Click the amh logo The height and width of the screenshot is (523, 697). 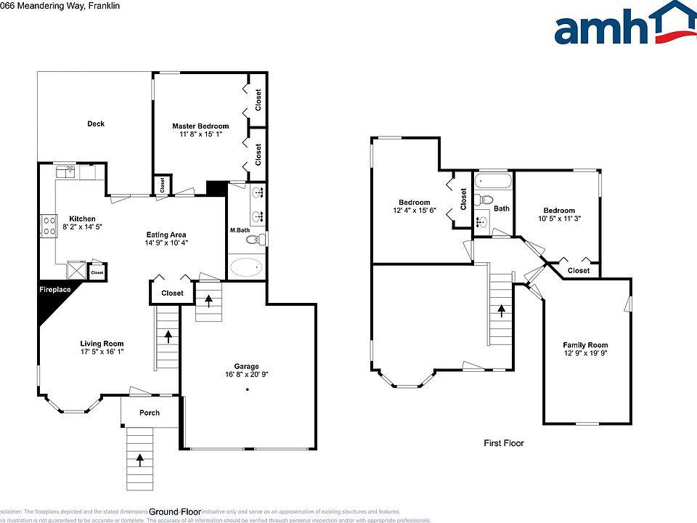(624, 25)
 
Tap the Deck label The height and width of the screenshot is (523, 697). (96, 123)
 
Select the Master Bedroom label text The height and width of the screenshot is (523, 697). (200, 126)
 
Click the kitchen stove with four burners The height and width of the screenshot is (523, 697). (49, 226)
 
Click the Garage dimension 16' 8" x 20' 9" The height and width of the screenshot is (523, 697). (248, 376)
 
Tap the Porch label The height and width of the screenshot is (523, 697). (149, 413)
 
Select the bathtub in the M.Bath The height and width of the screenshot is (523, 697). (246, 268)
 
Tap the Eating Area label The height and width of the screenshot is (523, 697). (167, 235)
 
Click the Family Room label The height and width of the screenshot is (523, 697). (585, 345)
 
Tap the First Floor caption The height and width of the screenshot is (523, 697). (504, 443)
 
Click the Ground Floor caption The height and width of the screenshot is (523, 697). (175, 511)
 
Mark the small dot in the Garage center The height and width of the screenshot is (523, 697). (247, 390)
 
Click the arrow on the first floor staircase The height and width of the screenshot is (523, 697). (500, 310)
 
